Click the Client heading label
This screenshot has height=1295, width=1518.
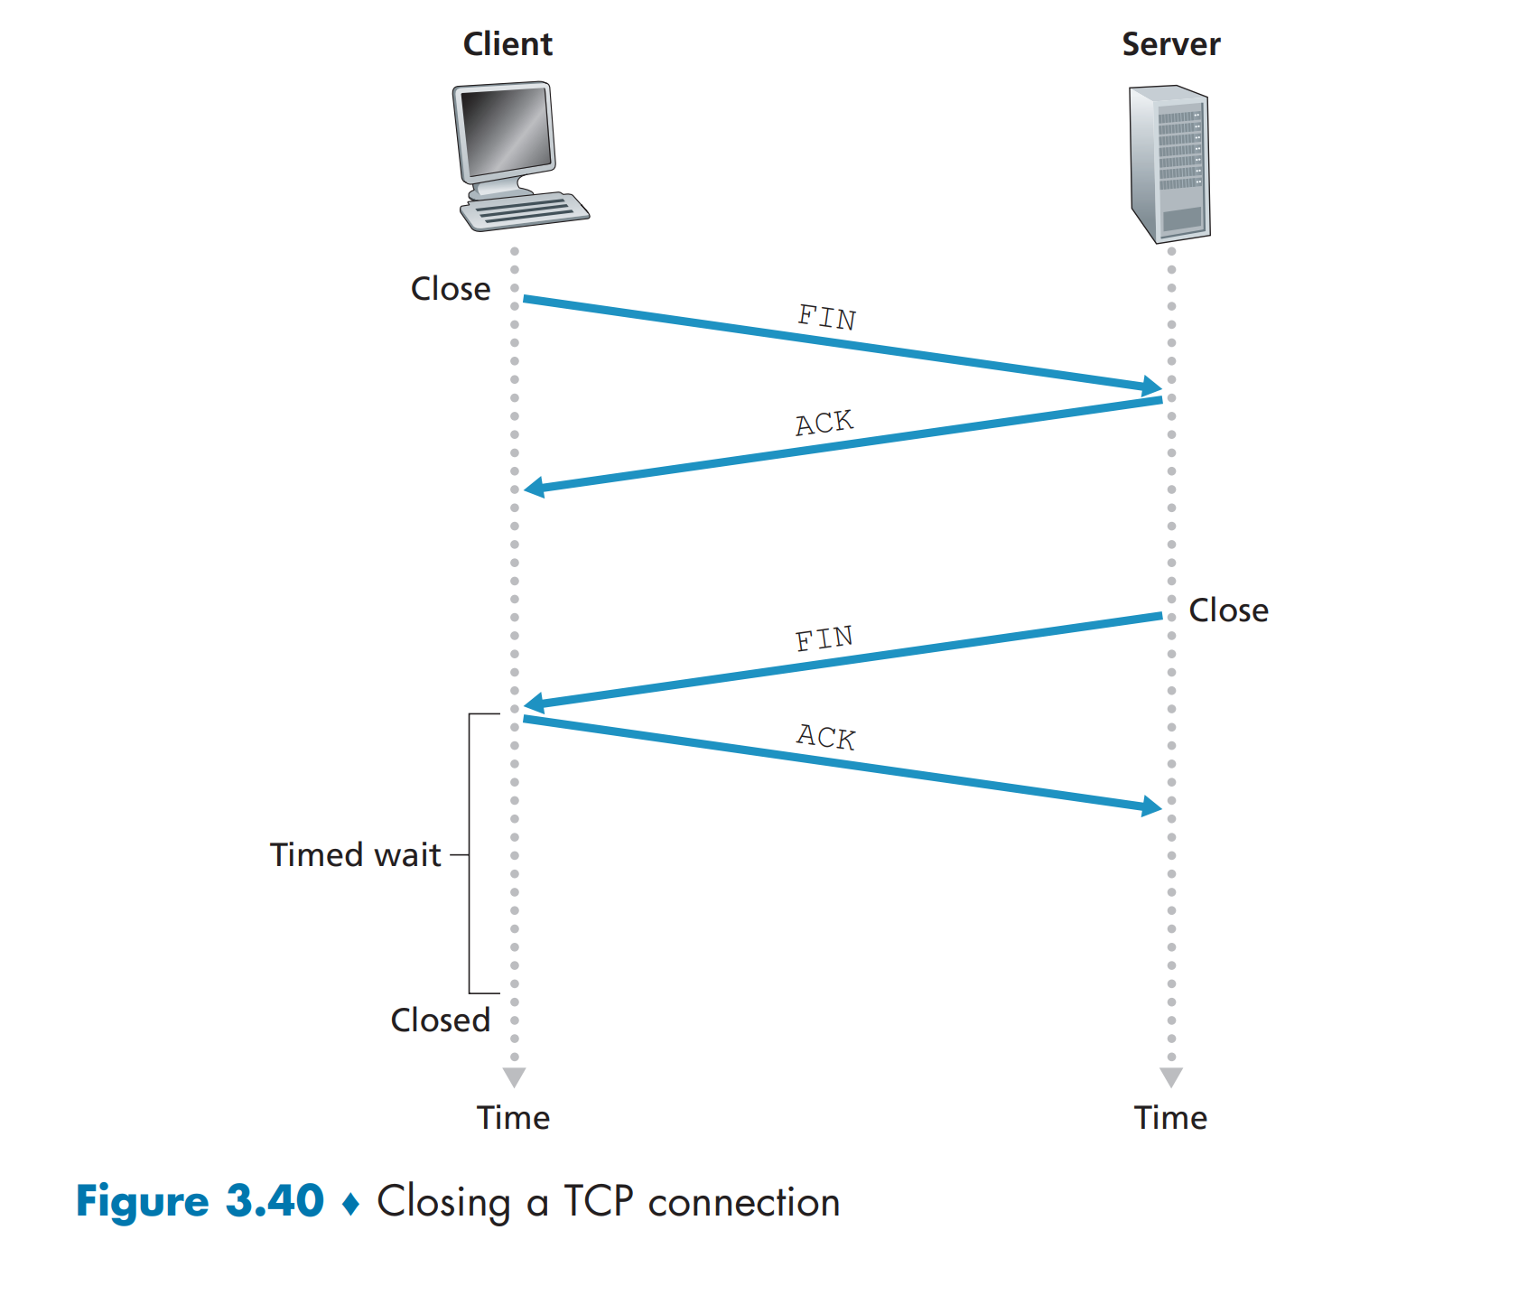click(508, 44)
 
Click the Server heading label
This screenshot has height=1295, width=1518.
click(1170, 44)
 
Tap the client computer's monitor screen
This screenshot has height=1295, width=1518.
click(505, 131)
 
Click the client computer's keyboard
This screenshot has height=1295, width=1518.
click(525, 212)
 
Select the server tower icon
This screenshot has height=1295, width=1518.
click(1169, 163)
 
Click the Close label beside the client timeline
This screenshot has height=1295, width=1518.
click(451, 289)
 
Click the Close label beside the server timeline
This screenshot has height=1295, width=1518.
click(1228, 610)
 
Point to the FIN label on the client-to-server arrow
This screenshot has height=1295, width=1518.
click(826, 317)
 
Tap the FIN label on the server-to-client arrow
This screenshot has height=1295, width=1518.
click(824, 638)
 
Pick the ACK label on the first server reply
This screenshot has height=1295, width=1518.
click(824, 423)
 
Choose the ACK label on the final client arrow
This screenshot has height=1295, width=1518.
click(825, 737)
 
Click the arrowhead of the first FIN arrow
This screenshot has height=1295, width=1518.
click(1151, 387)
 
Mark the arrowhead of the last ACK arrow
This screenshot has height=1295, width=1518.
click(1151, 806)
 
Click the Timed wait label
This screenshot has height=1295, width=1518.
click(356, 854)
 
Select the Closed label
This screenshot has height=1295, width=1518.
click(440, 1020)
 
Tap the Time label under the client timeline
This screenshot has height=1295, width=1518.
click(513, 1118)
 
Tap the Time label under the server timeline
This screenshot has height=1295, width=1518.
click(1170, 1118)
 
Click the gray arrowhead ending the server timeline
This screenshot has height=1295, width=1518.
click(1171, 1076)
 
